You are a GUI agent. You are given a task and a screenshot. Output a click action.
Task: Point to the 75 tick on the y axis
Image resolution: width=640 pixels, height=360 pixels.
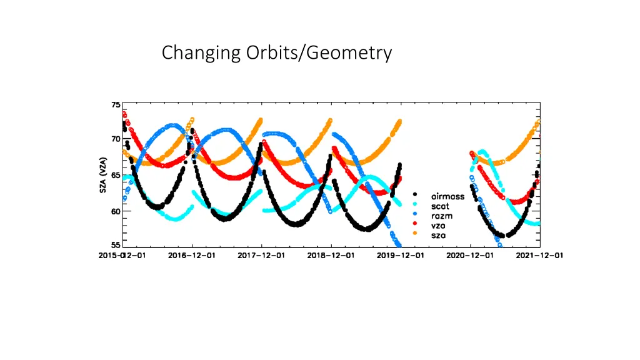116,105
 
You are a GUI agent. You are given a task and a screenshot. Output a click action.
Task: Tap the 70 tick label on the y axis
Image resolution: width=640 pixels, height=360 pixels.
116,139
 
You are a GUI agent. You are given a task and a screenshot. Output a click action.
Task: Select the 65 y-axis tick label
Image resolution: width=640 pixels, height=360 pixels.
116,176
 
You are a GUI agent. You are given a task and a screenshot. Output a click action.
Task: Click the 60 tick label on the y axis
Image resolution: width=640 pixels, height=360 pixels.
116,211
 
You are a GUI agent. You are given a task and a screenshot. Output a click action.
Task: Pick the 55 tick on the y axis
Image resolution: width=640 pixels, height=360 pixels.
116,245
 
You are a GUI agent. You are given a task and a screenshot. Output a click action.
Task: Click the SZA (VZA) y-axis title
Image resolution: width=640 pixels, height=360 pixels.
103,175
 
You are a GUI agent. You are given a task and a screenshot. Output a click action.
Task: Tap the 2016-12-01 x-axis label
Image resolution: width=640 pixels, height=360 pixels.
192,256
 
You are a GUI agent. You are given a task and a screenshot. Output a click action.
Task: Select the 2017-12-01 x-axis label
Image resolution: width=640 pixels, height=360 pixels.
261,256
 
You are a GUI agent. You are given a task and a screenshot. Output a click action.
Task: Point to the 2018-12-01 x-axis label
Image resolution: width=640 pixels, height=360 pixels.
331,256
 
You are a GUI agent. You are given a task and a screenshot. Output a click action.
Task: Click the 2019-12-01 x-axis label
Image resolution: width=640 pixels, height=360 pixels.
401,256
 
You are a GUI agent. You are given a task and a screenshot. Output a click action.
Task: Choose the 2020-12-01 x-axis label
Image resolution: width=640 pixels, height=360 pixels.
470,256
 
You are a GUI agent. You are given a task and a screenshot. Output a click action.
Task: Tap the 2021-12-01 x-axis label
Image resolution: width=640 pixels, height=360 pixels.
540,256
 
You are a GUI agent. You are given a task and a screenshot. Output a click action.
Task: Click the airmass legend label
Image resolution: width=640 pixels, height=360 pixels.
447,196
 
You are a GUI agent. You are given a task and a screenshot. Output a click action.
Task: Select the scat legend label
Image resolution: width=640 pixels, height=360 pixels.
440,206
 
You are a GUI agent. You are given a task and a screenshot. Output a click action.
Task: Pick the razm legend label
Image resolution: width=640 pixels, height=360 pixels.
441,216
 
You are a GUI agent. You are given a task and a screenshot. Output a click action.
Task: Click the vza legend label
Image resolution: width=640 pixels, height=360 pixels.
439,225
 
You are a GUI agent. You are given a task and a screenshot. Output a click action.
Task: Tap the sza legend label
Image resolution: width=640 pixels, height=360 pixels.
439,235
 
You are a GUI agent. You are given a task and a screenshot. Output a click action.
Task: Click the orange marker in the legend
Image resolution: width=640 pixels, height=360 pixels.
415,235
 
